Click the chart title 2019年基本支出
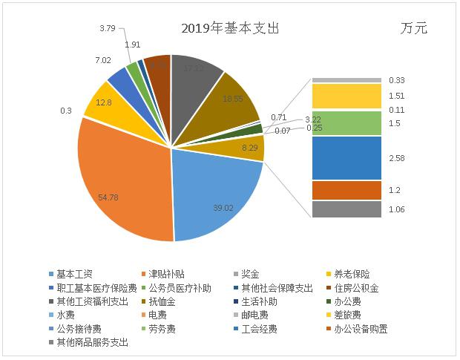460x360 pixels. [x=230, y=29]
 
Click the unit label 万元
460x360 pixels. [x=413, y=29]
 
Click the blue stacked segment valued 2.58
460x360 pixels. [x=346, y=157]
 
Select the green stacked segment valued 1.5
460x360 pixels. [x=346, y=123]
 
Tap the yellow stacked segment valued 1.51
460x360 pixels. [x=346, y=96]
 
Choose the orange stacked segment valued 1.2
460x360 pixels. [x=346, y=190]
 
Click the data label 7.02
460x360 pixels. [x=102, y=60]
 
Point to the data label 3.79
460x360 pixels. [x=107, y=29]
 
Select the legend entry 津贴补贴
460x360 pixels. [x=163, y=275]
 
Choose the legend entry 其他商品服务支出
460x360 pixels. [x=88, y=342]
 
